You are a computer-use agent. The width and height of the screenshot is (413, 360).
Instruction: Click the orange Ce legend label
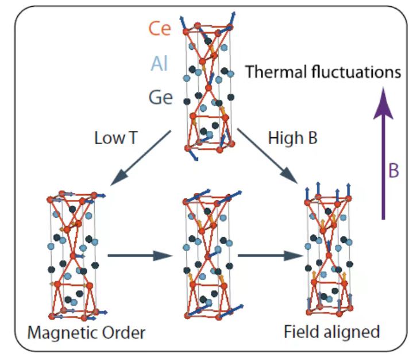pos(160,29)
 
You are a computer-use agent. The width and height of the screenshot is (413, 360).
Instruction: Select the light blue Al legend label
pos(159,63)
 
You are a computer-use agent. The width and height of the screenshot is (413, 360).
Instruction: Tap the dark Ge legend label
pos(160,97)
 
